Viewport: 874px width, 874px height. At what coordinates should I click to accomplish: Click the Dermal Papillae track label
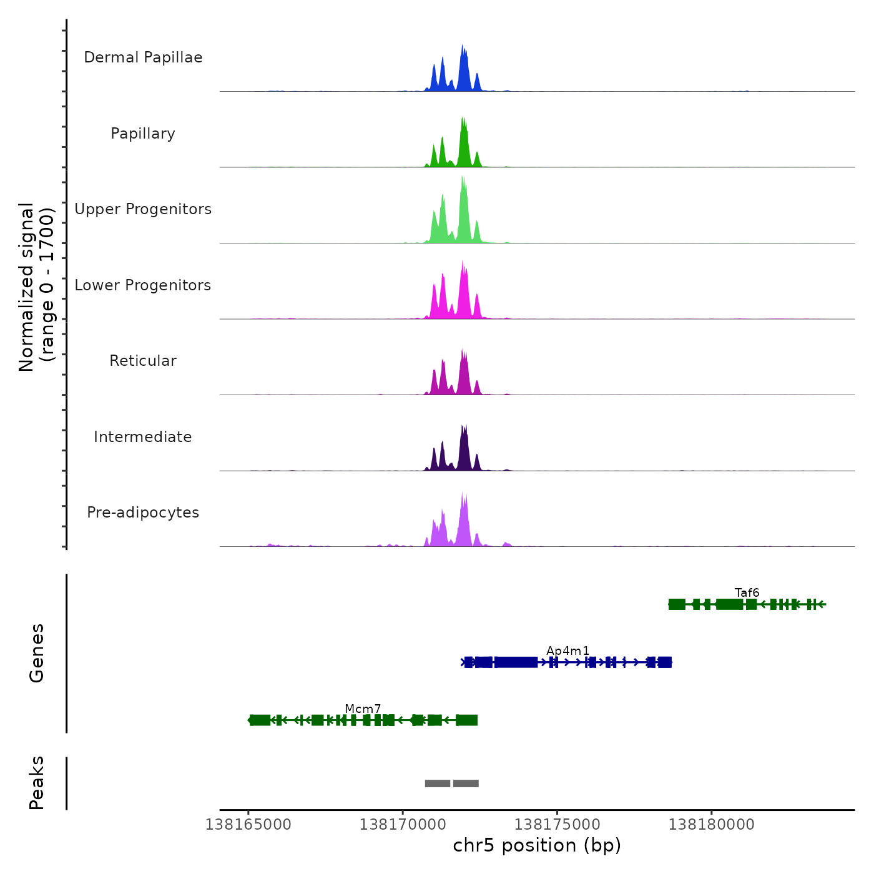pyautogui.click(x=143, y=57)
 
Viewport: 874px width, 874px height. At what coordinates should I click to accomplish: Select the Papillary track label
pyautogui.click(x=143, y=134)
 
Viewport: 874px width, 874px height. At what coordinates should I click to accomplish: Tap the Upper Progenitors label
pyautogui.click(x=143, y=209)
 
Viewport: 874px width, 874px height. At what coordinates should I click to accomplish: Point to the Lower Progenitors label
pyautogui.click(x=143, y=285)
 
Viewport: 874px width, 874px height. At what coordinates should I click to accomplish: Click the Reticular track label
pyautogui.click(x=143, y=361)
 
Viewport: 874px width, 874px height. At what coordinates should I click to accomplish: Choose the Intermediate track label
pyautogui.click(x=143, y=437)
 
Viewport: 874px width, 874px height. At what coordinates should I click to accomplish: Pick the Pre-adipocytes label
pyautogui.click(x=143, y=513)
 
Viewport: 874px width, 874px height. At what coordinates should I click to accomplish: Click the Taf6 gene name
pyautogui.click(x=747, y=592)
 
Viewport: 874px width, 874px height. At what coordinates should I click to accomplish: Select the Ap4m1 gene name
pyautogui.click(x=567, y=651)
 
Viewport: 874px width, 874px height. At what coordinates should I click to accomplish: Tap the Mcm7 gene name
pyautogui.click(x=363, y=709)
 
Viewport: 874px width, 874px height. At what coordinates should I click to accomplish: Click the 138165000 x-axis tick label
pyautogui.click(x=248, y=825)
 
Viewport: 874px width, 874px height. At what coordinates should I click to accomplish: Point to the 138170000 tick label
pyautogui.click(x=403, y=825)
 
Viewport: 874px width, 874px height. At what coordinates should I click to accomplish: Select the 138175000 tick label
pyautogui.click(x=557, y=825)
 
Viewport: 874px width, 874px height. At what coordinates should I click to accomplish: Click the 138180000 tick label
pyautogui.click(x=712, y=825)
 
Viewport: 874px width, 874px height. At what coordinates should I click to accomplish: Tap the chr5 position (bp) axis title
pyautogui.click(x=537, y=845)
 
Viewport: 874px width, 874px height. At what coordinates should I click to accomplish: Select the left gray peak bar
pyautogui.click(x=438, y=783)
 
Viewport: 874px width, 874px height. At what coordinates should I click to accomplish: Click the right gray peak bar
pyautogui.click(x=466, y=783)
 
